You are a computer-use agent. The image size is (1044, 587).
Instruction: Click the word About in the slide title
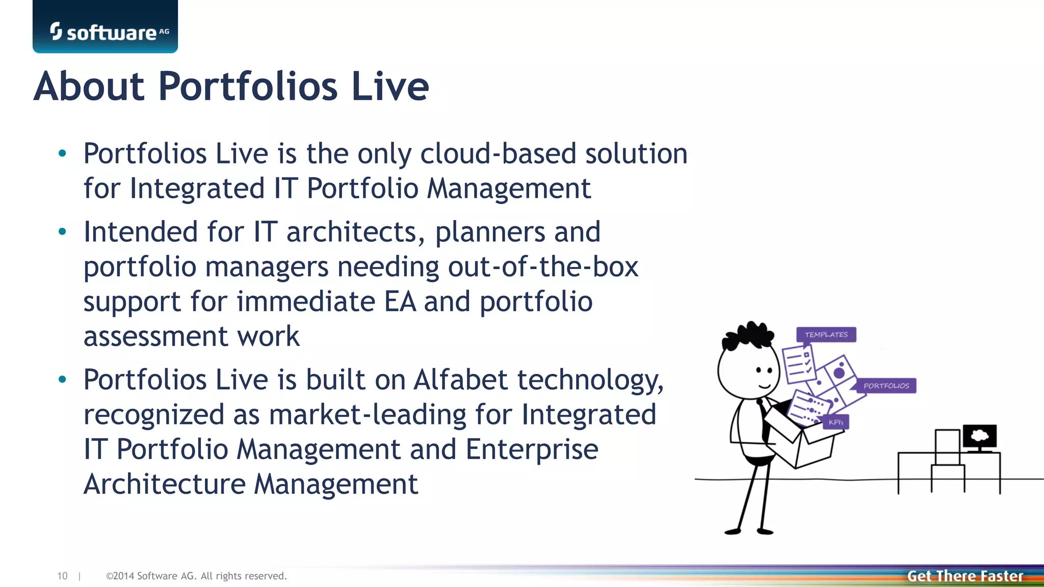89,86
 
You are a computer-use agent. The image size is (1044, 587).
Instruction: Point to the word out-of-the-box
543,266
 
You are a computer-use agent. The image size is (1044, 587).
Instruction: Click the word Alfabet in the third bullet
460,380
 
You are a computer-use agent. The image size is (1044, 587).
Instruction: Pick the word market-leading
367,414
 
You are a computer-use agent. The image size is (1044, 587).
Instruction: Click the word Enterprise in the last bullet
532,449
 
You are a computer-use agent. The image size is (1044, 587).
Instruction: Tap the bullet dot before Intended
62,232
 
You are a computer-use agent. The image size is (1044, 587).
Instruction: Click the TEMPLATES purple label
826,335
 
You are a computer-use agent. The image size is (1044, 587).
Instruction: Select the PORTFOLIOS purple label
886,386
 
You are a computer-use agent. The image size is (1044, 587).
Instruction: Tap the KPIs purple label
836,422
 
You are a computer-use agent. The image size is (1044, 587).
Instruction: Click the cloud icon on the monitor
979,436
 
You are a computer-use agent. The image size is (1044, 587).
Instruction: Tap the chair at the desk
947,459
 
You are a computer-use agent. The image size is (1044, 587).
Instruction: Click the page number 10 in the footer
62,576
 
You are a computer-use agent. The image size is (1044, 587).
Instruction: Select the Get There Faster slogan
964,576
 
